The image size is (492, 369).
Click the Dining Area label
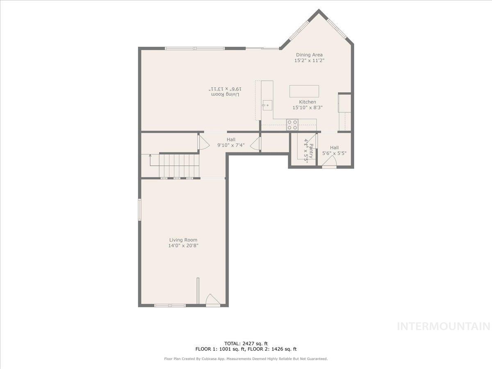point(309,55)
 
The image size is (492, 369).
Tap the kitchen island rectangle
point(304,91)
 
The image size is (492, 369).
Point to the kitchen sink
point(266,105)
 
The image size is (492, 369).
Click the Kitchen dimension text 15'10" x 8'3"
point(307,108)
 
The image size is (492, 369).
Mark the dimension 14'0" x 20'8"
point(183,246)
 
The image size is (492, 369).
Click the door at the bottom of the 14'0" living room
point(212,301)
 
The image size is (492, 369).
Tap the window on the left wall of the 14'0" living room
point(139,210)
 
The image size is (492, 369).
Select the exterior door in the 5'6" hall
point(329,165)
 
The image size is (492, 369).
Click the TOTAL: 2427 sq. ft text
point(246,344)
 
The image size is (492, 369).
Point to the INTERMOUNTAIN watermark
point(444,326)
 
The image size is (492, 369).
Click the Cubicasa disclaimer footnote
point(246,359)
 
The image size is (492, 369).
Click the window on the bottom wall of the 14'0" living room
point(170,305)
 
